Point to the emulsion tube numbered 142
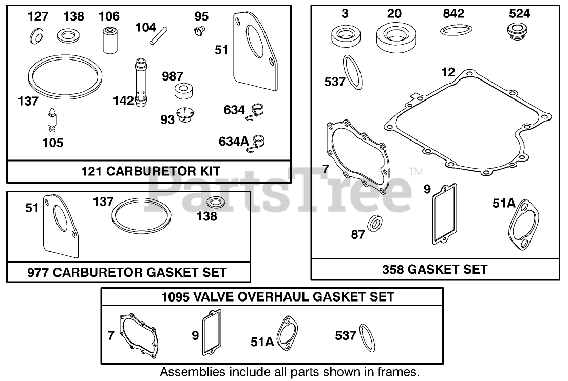click(140, 83)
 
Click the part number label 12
click(448, 72)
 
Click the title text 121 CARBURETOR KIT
click(147, 171)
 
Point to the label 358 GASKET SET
click(434, 269)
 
